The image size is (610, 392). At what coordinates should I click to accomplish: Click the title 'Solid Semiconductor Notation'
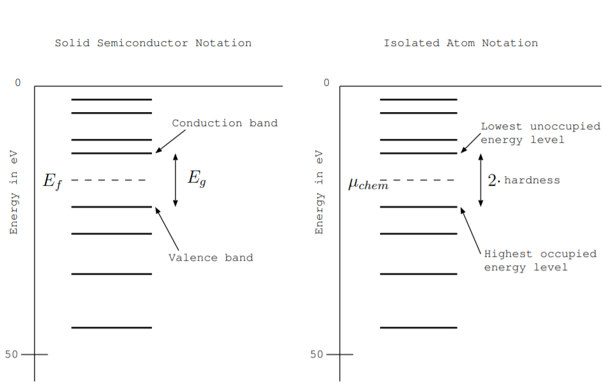(153, 43)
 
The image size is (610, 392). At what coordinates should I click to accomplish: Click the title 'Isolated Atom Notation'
(461, 43)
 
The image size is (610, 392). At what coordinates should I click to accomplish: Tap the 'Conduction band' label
(224, 123)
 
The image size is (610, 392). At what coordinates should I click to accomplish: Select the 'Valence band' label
(211, 257)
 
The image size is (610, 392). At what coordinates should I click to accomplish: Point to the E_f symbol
(52, 181)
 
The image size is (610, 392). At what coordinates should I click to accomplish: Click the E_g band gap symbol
(196, 179)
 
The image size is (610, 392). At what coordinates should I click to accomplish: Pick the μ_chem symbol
(368, 184)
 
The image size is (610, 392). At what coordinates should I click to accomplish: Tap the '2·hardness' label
(523, 181)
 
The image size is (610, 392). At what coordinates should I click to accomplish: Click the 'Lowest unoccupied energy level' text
(540, 133)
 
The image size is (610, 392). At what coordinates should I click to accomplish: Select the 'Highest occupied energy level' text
(540, 260)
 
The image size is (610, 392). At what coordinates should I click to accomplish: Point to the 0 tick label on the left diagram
(18, 83)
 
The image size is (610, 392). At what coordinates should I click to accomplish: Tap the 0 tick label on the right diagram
(326, 83)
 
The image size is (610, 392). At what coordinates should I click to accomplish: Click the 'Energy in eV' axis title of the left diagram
(13, 192)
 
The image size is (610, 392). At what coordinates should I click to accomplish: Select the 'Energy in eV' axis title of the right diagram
(318, 192)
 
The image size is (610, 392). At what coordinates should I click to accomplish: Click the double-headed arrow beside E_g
(176, 180)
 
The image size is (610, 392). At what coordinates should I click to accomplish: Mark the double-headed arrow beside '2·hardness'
(481, 180)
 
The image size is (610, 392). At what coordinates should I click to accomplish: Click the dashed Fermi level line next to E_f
(109, 180)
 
